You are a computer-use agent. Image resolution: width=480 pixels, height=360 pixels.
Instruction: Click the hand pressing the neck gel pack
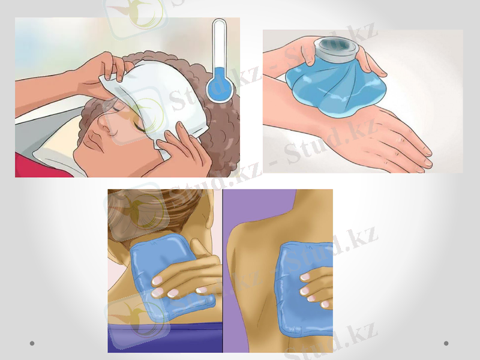(x=186, y=279)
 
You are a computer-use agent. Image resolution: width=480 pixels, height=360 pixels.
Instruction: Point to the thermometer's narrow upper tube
(x=220, y=48)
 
